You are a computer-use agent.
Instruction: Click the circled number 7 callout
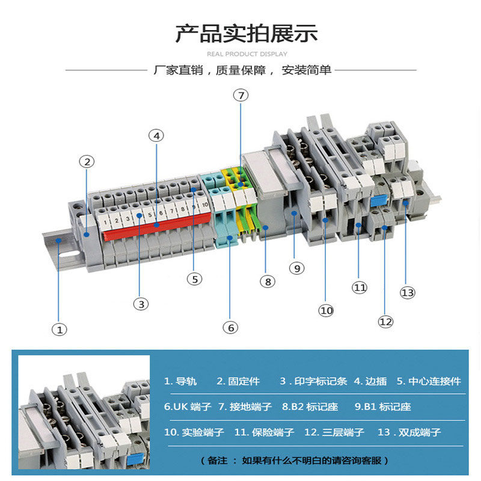click(x=241, y=96)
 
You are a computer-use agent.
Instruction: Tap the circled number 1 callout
click(x=60, y=329)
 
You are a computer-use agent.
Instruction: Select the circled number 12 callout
click(x=385, y=322)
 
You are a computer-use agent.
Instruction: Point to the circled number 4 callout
click(x=156, y=136)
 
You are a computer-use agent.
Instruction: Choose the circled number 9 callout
click(x=296, y=268)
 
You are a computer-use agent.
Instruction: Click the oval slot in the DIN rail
click(x=69, y=254)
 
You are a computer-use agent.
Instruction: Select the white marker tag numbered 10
click(x=204, y=205)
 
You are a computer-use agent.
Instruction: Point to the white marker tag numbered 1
click(x=105, y=221)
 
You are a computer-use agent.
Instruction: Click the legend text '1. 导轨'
click(x=180, y=381)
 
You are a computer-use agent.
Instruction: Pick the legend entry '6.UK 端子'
click(x=188, y=407)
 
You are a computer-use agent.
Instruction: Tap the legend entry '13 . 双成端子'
click(x=409, y=432)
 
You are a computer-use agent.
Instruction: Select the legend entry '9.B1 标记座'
click(x=382, y=407)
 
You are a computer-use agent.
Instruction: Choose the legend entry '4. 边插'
click(x=370, y=381)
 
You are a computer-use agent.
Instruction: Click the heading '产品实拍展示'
click(x=247, y=34)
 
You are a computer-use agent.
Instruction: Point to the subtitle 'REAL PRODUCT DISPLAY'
click(x=247, y=54)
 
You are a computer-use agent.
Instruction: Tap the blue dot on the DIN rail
click(x=58, y=240)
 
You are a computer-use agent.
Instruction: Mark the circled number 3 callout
click(x=141, y=304)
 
